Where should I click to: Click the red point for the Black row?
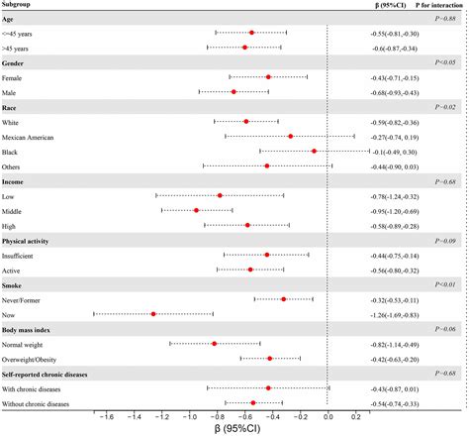(x=314, y=152)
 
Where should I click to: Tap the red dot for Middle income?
(x=196, y=211)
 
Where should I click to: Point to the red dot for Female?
(x=268, y=76)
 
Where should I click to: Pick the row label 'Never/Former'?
(x=29, y=298)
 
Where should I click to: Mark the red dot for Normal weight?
(x=215, y=344)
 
